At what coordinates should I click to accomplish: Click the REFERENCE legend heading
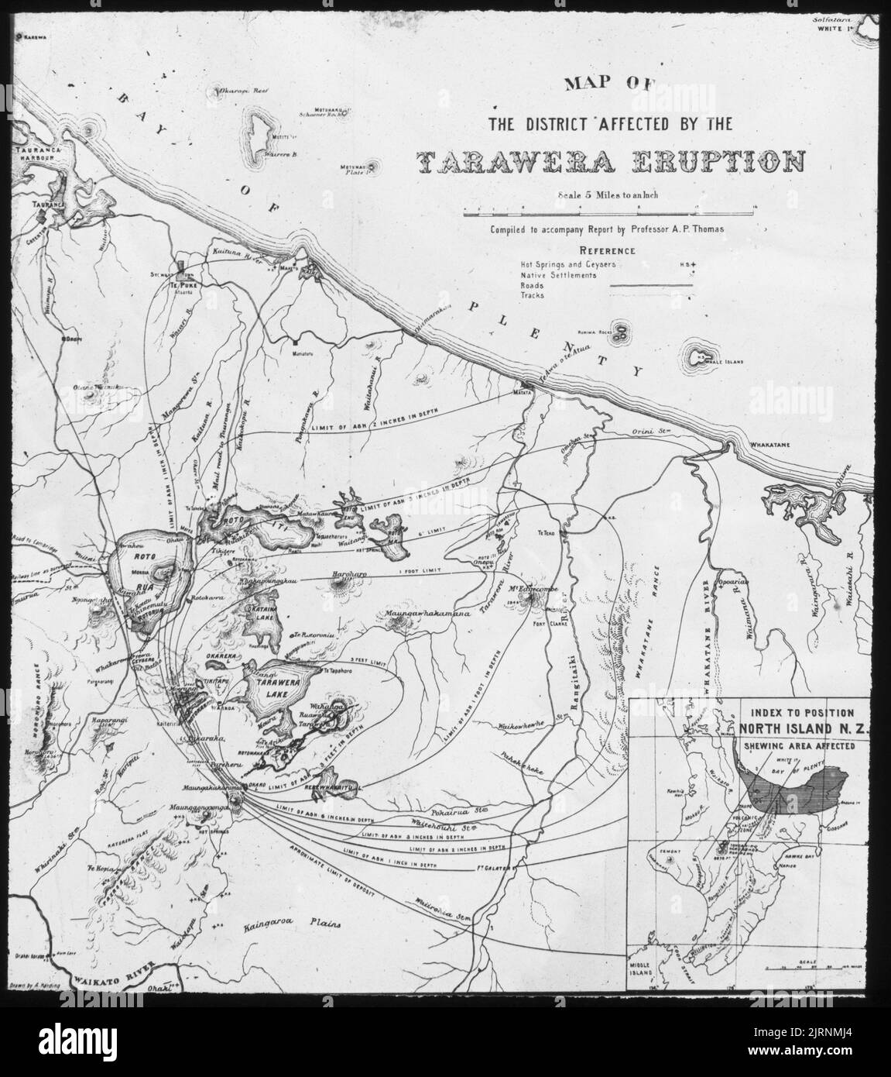(607, 251)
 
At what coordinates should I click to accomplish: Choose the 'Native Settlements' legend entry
(558, 275)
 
